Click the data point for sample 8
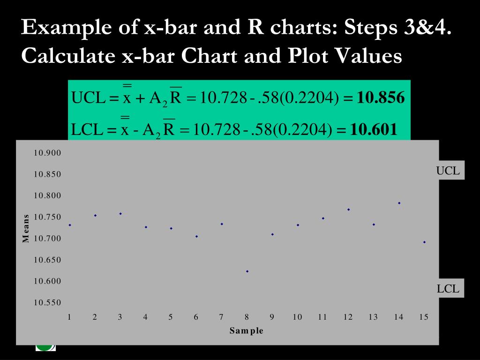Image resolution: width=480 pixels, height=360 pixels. (x=247, y=271)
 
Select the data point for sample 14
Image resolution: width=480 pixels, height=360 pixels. (x=399, y=203)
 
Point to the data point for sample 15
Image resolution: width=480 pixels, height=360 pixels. (x=424, y=242)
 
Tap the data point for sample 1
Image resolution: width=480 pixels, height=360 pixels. (x=70, y=225)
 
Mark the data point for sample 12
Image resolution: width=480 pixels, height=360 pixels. (x=348, y=210)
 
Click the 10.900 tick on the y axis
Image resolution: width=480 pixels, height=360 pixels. (x=47, y=153)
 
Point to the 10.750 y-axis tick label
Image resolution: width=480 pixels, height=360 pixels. (x=47, y=217)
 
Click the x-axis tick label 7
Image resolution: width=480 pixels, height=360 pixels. (x=221, y=317)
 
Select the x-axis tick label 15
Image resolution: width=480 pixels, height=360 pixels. (x=424, y=317)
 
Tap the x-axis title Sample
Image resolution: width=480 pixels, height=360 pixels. (x=247, y=331)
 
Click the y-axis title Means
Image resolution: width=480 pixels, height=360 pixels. (x=26, y=228)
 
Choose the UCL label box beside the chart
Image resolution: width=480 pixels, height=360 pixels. (x=448, y=171)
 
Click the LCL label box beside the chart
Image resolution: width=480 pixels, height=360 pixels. (x=448, y=289)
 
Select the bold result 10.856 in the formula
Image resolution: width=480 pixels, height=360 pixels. (x=380, y=98)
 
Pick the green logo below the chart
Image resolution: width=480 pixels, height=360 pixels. (x=45, y=348)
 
